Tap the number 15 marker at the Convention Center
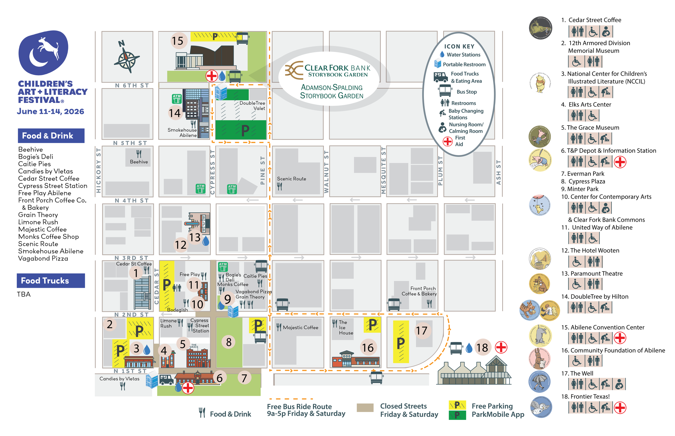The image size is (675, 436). [178, 41]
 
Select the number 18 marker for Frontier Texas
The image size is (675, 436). [482, 348]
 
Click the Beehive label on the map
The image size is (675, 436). [139, 162]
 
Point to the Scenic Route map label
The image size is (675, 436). [291, 179]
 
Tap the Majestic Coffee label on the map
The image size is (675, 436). [300, 328]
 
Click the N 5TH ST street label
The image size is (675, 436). [130, 143]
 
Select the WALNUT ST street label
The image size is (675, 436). [326, 172]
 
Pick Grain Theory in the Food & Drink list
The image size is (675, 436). [38, 215]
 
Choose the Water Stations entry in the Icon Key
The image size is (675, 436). [463, 55]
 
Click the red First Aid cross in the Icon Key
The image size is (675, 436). [448, 141]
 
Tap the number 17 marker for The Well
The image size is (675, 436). [421, 330]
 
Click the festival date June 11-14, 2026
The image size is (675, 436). [50, 111]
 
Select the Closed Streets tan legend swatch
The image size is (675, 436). [365, 407]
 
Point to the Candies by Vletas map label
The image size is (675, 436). [119, 379]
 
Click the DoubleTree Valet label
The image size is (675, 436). [252, 106]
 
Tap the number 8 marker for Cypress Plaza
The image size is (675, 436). [229, 342]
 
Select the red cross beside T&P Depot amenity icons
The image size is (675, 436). [620, 162]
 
